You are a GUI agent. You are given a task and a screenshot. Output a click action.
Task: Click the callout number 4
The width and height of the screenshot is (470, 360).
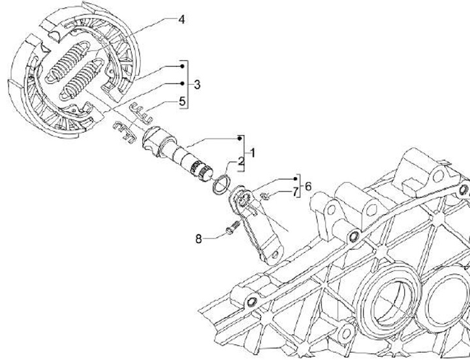181,20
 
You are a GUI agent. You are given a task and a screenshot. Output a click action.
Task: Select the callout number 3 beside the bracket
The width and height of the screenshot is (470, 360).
196,84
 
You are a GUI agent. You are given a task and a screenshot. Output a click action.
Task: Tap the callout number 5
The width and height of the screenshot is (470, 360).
182,101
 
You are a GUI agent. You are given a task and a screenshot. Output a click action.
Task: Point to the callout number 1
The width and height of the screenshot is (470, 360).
252,152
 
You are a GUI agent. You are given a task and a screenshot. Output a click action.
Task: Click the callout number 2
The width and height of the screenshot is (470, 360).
240,161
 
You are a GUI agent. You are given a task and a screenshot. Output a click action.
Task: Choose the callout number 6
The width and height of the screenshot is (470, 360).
307,186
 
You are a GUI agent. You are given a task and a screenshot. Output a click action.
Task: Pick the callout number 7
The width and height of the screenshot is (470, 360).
294,191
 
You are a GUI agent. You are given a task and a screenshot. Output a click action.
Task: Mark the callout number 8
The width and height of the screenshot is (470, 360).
198,238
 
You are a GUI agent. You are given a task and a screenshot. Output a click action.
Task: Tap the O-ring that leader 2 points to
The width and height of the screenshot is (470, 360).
222,185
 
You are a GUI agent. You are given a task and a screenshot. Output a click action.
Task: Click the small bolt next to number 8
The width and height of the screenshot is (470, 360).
230,230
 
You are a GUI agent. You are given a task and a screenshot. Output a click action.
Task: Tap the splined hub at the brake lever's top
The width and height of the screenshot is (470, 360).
242,199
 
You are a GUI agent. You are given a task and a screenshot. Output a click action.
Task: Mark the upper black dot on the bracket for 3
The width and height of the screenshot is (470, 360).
182,67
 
